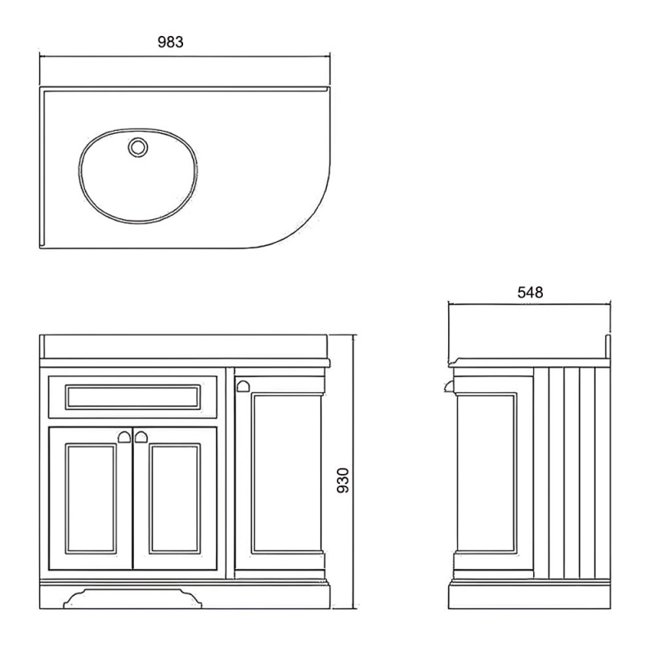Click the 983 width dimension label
[170, 43]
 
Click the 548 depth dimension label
[530, 293]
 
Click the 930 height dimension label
[343, 480]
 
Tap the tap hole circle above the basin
[137, 147]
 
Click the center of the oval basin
[138, 176]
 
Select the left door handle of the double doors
[124, 437]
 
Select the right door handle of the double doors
[141, 437]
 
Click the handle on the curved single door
[243, 386]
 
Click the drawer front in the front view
[132, 397]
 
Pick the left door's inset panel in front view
[91, 499]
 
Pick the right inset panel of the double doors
[175, 499]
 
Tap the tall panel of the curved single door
[287, 473]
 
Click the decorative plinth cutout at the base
[132, 598]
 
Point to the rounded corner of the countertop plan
[306, 226]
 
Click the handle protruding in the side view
[449, 387]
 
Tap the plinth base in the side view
[530, 594]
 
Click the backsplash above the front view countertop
[184, 346]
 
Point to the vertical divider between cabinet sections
[230, 473]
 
